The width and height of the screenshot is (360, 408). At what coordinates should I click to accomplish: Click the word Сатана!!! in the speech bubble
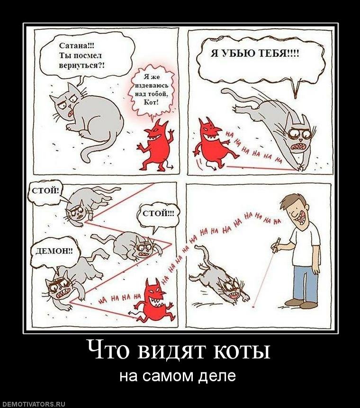coord(77,46)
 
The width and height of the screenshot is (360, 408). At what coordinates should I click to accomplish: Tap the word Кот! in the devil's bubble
coord(151,102)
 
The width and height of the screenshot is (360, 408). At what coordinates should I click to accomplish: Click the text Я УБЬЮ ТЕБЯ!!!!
coord(255,54)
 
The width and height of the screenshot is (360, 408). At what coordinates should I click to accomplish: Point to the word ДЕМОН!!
coord(54,251)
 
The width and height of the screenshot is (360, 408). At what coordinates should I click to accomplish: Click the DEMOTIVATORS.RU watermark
coord(33,404)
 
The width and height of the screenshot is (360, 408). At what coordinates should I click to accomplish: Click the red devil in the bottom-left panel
coord(153,300)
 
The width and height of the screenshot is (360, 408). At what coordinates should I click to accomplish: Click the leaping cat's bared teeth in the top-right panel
coord(297,147)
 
